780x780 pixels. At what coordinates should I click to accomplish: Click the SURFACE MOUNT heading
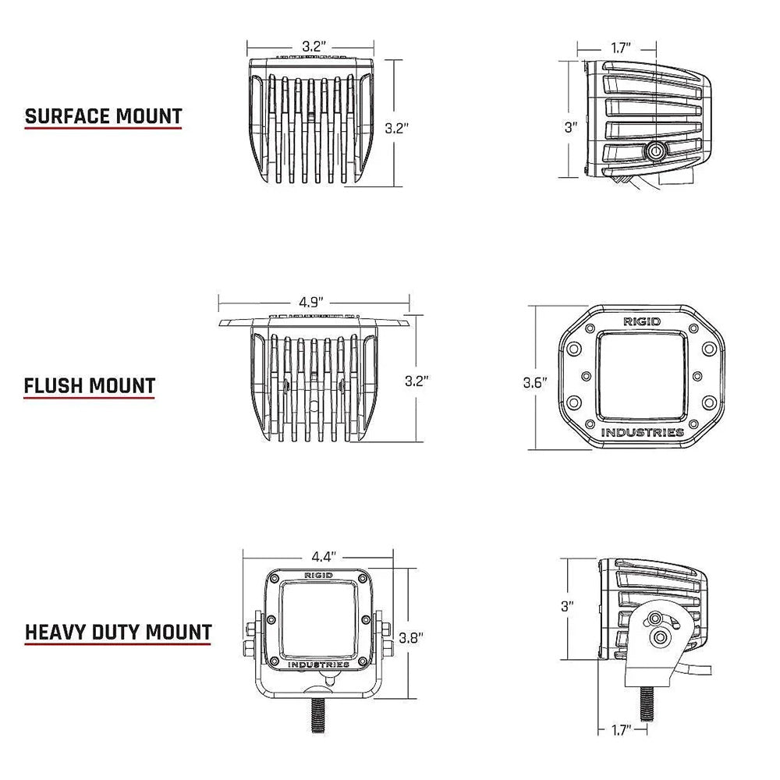(x=104, y=117)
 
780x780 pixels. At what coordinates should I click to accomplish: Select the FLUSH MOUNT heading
(x=89, y=385)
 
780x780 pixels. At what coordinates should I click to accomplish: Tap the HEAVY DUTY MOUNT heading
(x=118, y=631)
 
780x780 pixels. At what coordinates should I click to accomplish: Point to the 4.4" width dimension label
(x=322, y=557)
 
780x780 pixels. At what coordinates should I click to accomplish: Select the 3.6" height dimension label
(x=535, y=382)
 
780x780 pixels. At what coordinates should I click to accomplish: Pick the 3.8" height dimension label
(x=411, y=636)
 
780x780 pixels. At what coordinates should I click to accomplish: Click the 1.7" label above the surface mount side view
(x=621, y=48)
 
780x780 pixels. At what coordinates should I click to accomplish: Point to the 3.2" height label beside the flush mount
(x=417, y=381)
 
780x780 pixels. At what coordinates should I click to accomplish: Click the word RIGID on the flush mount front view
(x=640, y=321)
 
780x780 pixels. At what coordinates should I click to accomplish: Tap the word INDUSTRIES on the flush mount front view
(x=643, y=433)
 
